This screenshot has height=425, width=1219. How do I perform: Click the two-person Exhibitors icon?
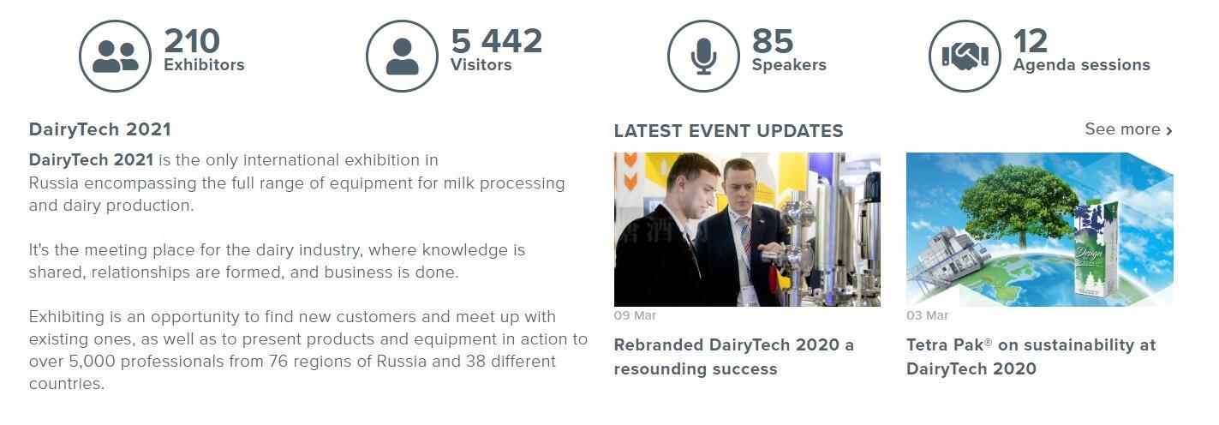tap(115, 56)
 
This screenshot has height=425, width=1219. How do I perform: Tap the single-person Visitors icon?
tap(402, 56)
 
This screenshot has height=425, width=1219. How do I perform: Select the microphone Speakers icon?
tap(703, 56)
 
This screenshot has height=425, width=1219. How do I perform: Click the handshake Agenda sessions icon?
tap(965, 56)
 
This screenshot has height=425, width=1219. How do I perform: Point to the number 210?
tap(192, 41)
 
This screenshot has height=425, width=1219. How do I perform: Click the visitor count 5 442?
tap(496, 41)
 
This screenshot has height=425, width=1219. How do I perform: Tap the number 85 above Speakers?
tap(773, 41)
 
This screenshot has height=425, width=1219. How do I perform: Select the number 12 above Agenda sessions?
tap(1031, 41)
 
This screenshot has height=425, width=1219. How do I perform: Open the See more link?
tap(1128, 129)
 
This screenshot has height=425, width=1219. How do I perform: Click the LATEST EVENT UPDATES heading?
tap(729, 131)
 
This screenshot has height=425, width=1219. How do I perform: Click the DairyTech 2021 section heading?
tap(100, 129)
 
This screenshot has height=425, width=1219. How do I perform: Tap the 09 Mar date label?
tap(635, 315)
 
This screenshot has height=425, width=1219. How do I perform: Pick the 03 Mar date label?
tap(927, 315)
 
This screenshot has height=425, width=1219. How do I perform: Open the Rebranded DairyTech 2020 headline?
tap(734, 357)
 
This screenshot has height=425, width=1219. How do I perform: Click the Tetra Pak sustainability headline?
tap(1031, 357)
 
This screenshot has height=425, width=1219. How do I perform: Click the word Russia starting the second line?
tap(54, 183)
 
